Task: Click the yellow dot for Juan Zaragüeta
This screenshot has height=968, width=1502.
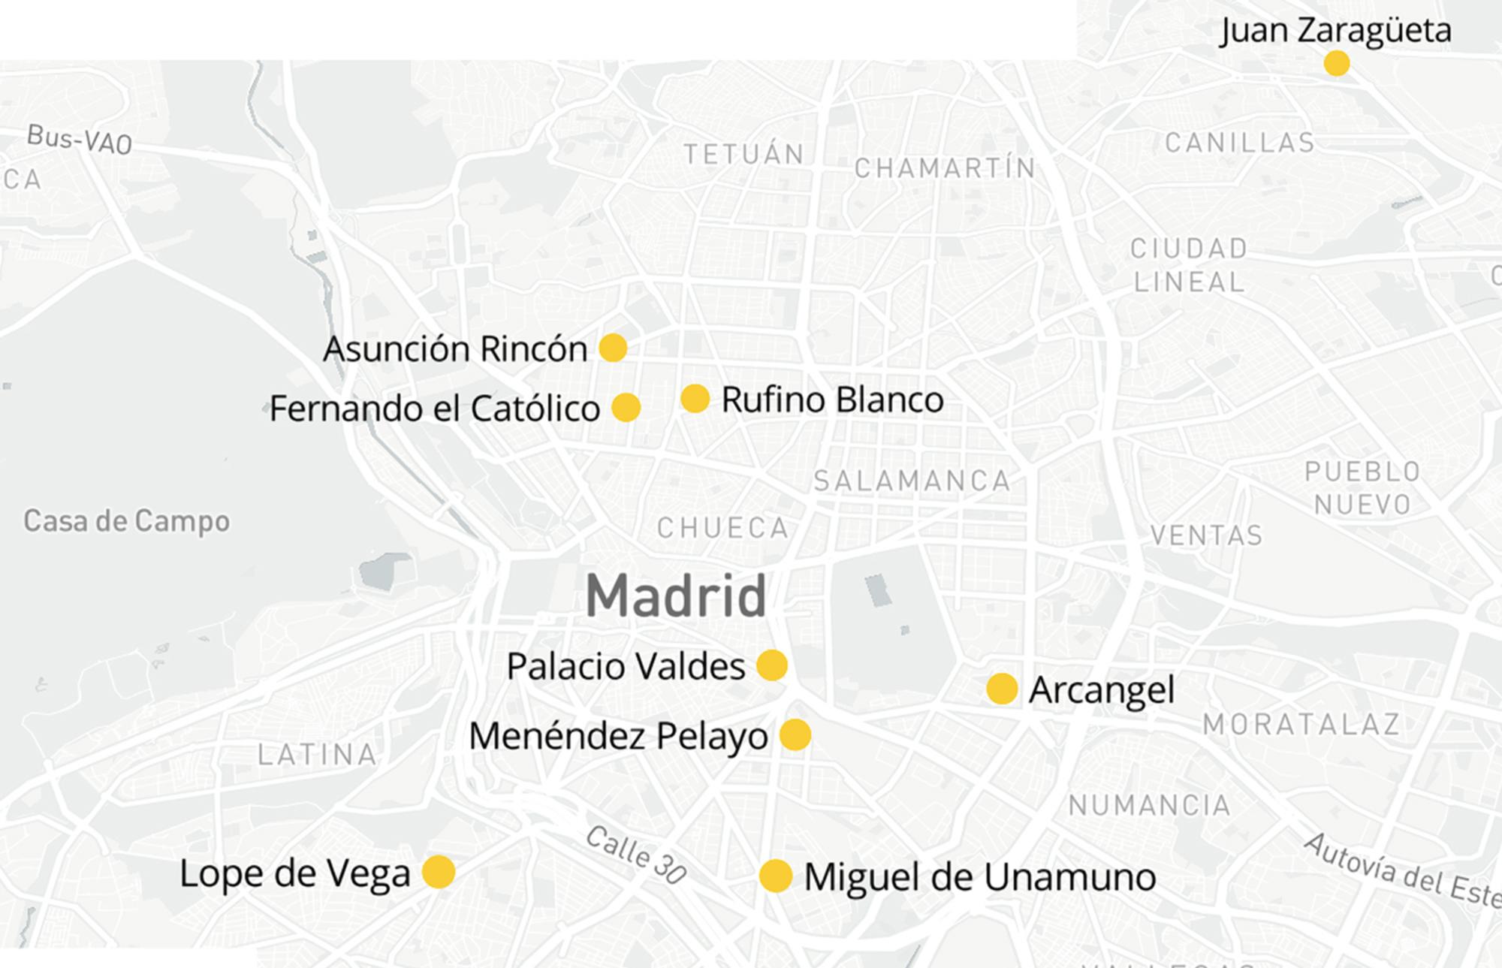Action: pyautogui.click(x=1336, y=63)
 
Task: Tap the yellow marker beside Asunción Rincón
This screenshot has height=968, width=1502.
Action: pyautogui.click(x=613, y=348)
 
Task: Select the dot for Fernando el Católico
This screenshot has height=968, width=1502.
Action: pyautogui.click(x=626, y=408)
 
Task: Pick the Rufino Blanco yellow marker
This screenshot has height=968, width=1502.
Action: pyautogui.click(x=695, y=399)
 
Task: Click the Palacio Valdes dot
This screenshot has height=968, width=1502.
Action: pyautogui.click(x=771, y=665)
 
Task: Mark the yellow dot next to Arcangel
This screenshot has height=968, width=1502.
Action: pyautogui.click(x=1001, y=689)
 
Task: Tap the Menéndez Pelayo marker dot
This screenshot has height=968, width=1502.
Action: pyautogui.click(x=795, y=735)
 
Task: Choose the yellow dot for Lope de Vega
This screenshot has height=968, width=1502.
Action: pyautogui.click(x=439, y=873)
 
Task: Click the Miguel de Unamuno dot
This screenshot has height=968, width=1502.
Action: pyautogui.click(x=775, y=876)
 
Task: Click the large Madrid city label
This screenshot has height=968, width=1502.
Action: pyautogui.click(x=675, y=596)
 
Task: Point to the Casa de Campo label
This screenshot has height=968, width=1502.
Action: pyautogui.click(x=126, y=521)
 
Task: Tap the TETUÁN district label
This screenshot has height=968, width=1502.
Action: pyautogui.click(x=743, y=155)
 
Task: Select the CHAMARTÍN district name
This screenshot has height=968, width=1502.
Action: pyautogui.click(x=945, y=168)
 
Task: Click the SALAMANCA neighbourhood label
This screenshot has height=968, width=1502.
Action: pyautogui.click(x=912, y=481)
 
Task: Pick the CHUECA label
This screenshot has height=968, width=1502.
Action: pyautogui.click(x=723, y=529)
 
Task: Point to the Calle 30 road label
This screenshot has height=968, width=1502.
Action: pyautogui.click(x=635, y=855)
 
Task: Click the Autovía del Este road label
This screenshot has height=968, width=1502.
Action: pyautogui.click(x=1401, y=872)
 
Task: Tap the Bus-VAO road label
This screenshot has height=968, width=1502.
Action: pyautogui.click(x=79, y=139)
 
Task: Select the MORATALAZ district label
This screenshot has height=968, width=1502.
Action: pyautogui.click(x=1301, y=725)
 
